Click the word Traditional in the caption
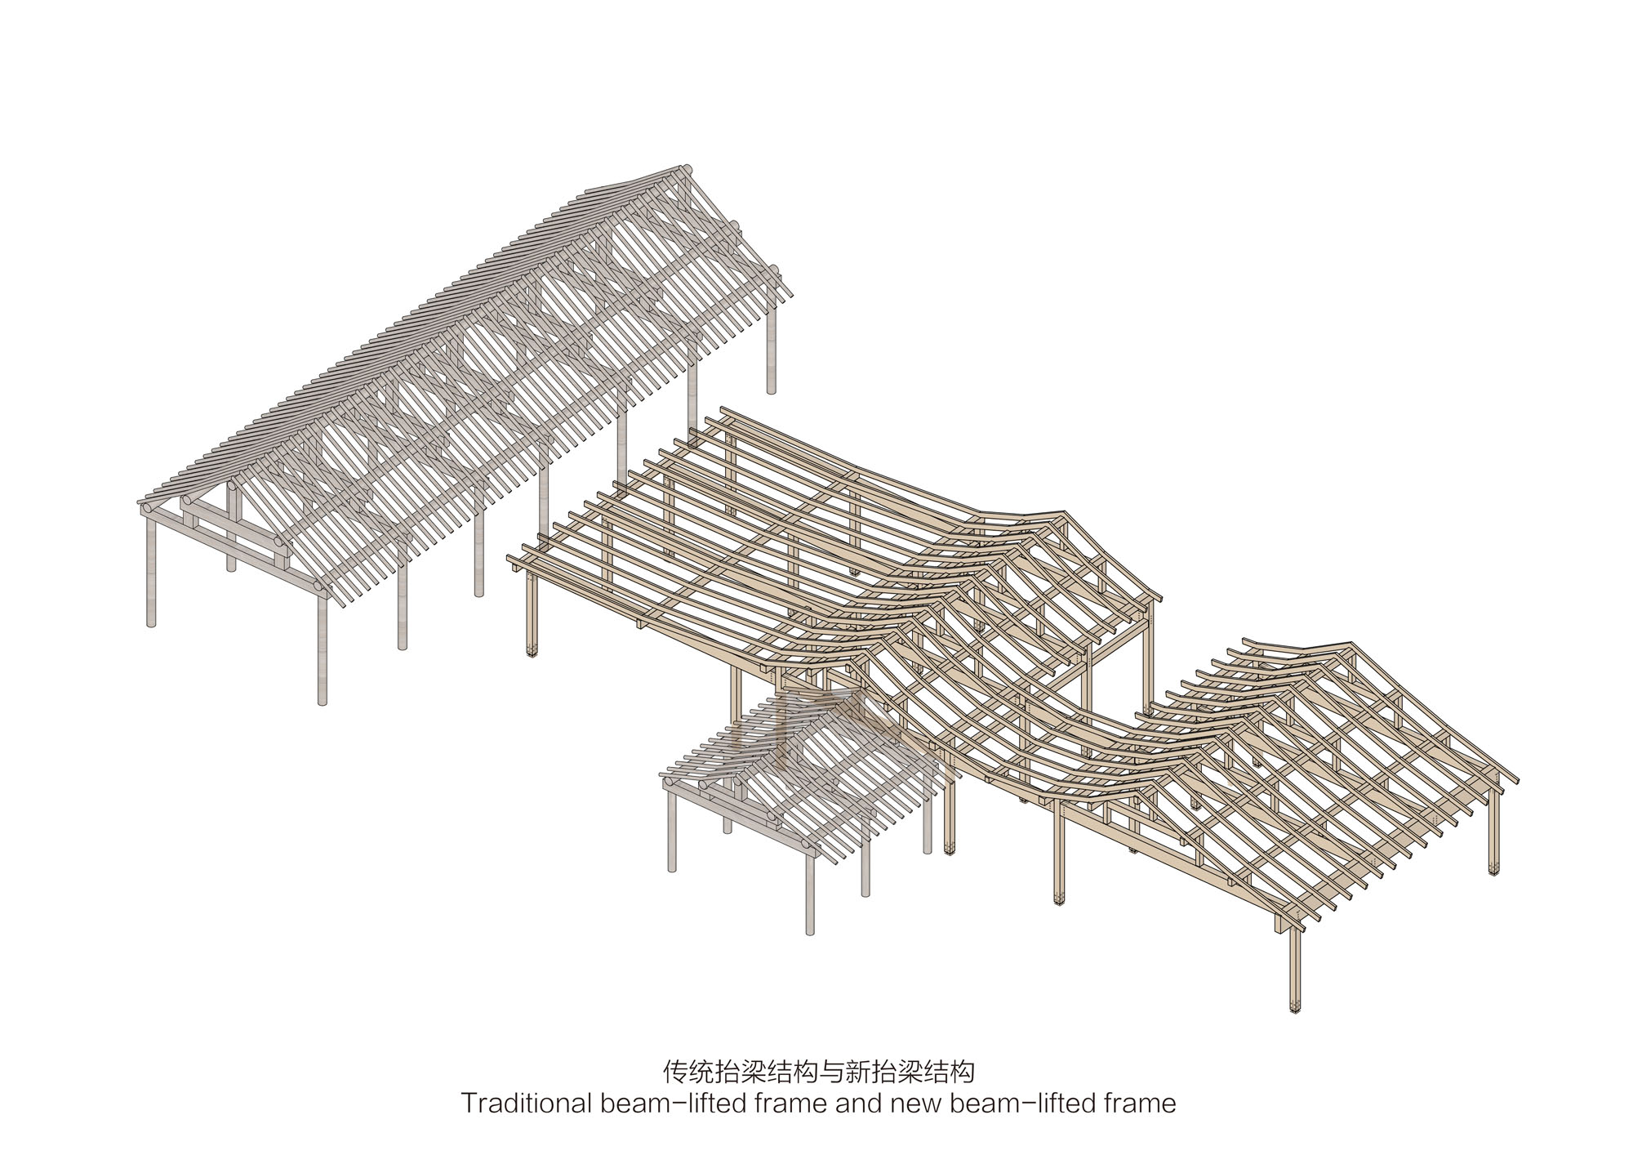click(x=526, y=1104)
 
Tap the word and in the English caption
click(x=859, y=1104)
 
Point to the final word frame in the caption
click(x=1140, y=1104)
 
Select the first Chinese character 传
click(x=674, y=1071)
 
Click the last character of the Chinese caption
click(x=962, y=1071)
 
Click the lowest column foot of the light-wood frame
click(x=1294, y=1006)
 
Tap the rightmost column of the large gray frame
click(x=771, y=343)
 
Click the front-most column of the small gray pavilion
click(x=810, y=894)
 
